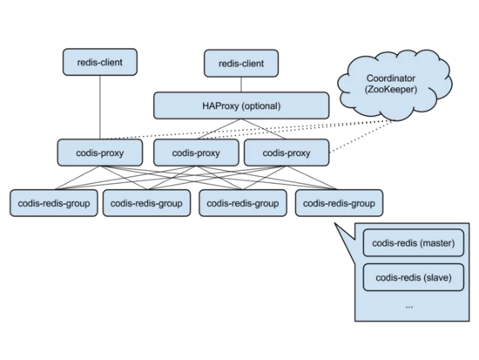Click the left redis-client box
[99, 62]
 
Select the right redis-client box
[241, 63]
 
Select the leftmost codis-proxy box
[99, 153]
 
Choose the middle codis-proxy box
[195, 153]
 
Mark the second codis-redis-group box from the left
[146, 203]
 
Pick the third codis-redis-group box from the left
[243, 203]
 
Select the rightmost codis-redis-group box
[338, 203]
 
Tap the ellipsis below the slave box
[409, 307]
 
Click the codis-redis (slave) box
[408, 278]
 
